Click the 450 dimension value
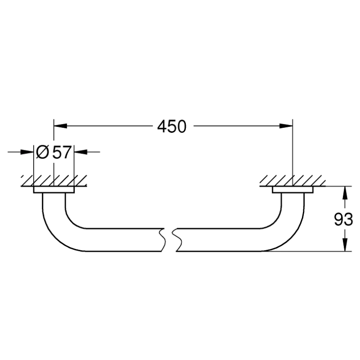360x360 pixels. point(171,127)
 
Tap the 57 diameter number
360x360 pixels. point(62,153)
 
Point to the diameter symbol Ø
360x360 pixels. point(43,153)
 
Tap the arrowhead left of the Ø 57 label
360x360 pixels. point(30,153)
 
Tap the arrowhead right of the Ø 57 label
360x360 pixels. point(79,153)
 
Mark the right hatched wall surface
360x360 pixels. point(292,181)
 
